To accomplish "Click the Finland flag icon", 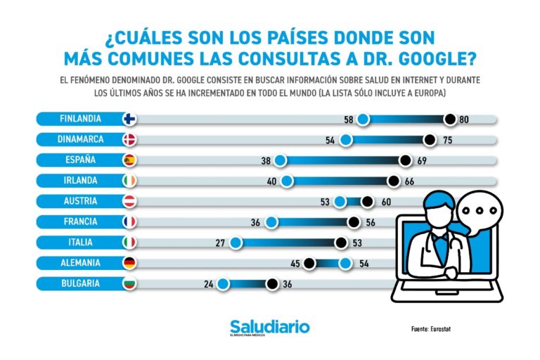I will (129, 120).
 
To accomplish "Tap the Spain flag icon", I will (129, 160).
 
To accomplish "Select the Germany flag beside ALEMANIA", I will (129, 264).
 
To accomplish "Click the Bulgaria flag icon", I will (129, 284).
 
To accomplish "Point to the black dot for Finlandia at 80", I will (450, 120).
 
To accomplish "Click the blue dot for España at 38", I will (280, 161).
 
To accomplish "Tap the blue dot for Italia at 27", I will (236, 243).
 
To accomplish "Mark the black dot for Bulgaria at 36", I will (271, 284).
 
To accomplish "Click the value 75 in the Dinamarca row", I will (444, 140).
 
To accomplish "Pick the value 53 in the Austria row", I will (325, 202).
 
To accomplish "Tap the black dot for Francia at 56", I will (354, 222).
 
